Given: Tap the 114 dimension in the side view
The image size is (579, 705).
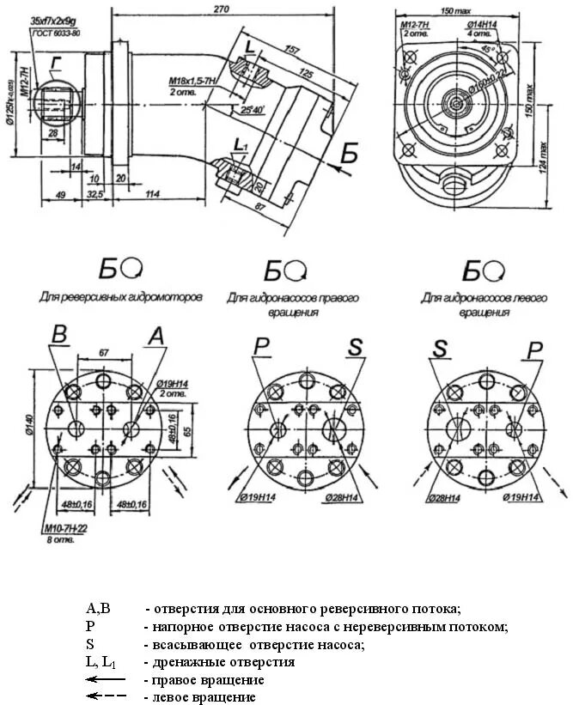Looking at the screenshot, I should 153,194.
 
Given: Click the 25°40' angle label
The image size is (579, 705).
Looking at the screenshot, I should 253,111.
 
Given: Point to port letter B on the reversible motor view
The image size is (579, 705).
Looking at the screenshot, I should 58,335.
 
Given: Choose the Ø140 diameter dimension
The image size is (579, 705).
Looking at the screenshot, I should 29,424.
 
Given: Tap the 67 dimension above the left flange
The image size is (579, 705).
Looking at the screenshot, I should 103,352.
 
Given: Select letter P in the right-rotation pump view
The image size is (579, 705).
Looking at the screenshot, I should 261,346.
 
